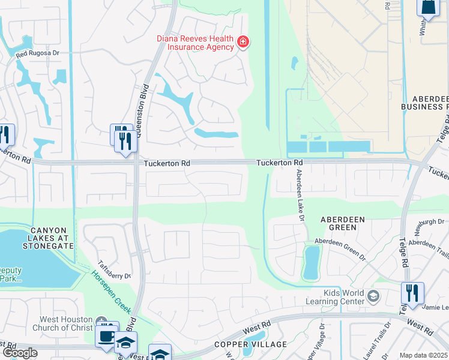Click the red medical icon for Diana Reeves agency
tap(243, 42)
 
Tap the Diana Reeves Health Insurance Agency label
tap(194, 42)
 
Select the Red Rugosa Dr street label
tap(38, 54)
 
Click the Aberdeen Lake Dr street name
tap(298, 196)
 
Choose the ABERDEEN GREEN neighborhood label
tap(342, 224)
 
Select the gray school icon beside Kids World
tap(373, 296)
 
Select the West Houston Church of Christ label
tap(66, 323)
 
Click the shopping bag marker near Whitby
tap(429, 7)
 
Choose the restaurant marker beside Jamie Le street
tap(412, 293)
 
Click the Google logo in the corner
tap(20, 353)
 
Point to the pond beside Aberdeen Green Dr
tap(311, 262)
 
